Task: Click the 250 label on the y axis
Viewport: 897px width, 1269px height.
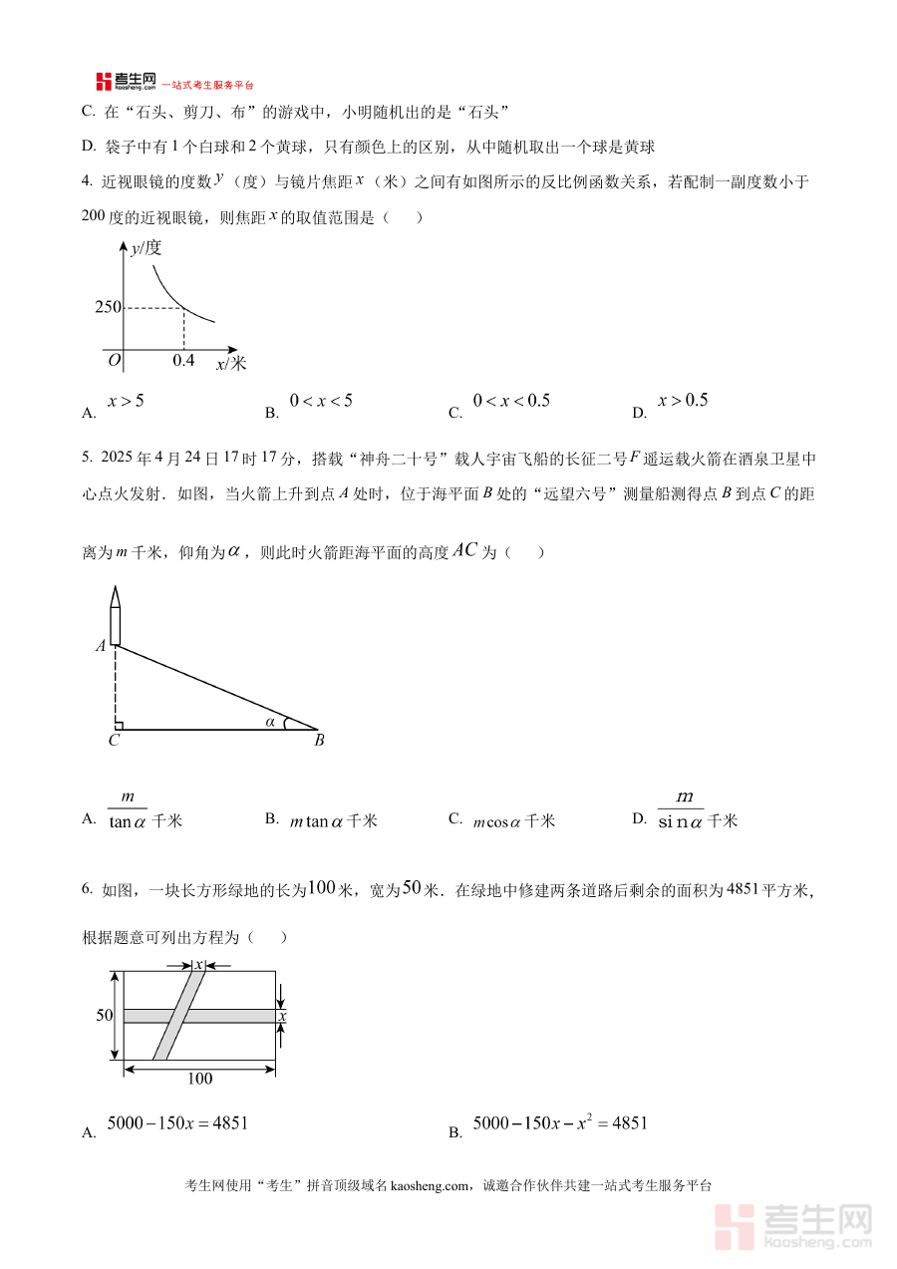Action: point(108,307)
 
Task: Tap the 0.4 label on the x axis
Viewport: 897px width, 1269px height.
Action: point(183,360)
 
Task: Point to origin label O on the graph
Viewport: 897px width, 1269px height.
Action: point(114,360)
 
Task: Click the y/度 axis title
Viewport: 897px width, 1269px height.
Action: point(146,248)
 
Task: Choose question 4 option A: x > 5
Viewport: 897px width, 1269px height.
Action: point(126,401)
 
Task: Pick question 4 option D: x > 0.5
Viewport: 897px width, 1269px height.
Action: point(683,401)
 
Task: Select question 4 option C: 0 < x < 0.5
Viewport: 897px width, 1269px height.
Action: point(511,401)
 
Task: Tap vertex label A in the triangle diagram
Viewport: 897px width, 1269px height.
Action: point(101,646)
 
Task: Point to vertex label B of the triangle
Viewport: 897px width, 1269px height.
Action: point(319,741)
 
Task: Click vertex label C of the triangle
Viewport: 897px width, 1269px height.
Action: point(114,741)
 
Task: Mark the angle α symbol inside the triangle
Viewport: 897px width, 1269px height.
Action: point(270,721)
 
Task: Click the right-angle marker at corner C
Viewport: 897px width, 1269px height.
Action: point(119,725)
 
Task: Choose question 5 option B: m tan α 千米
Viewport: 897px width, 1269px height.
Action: point(333,821)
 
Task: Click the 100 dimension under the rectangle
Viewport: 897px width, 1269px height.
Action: point(199,1079)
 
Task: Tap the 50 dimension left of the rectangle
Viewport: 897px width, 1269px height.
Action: point(104,1015)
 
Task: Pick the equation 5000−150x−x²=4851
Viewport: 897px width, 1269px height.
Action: point(560,1123)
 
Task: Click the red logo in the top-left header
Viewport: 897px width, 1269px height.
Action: point(104,82)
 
